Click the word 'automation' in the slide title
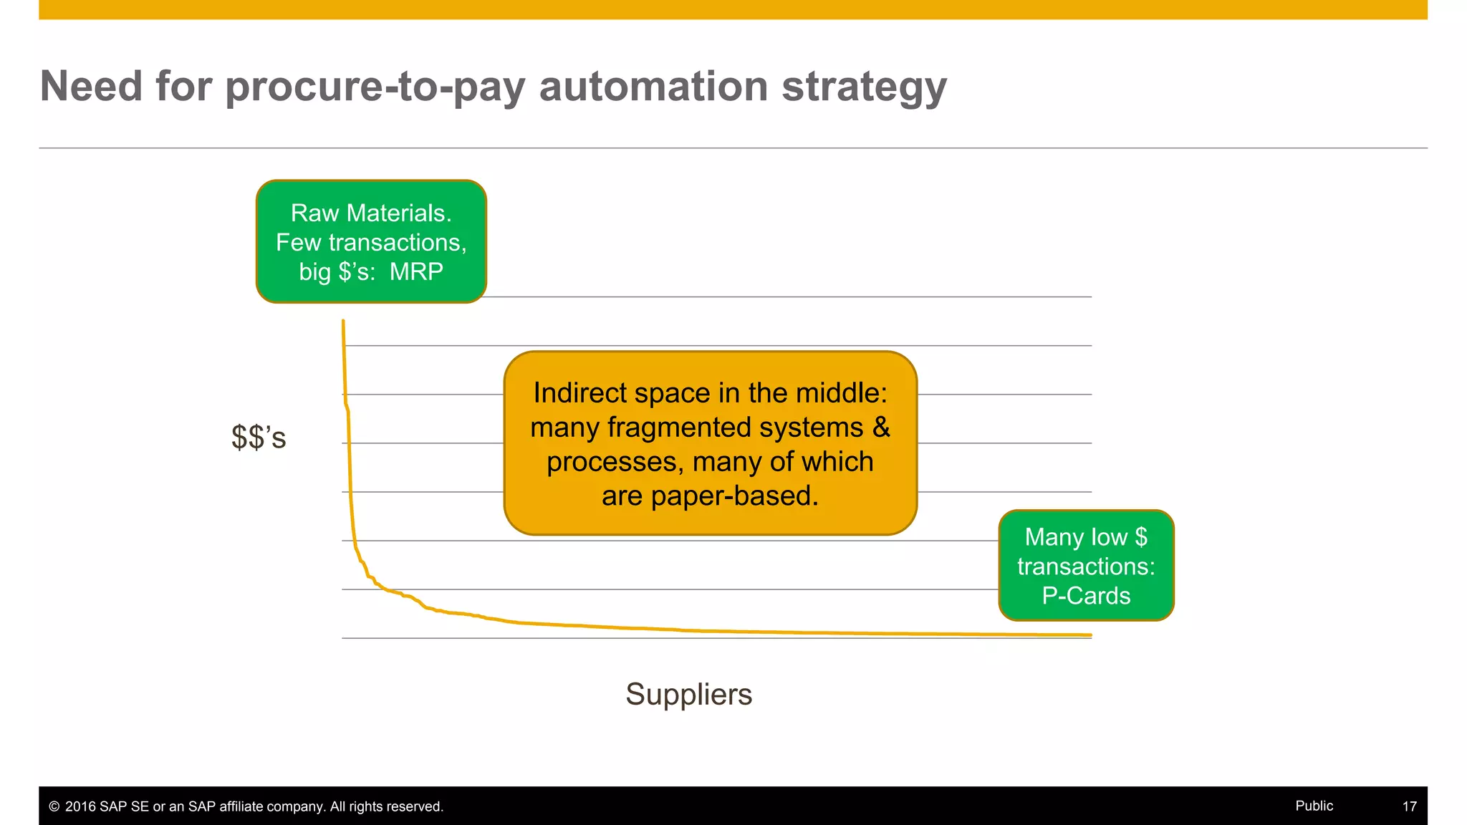[x=653, y=86]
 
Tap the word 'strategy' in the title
[x=864, y=87]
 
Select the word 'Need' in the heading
[x=91, y=86]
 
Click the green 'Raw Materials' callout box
[x=371, y=241]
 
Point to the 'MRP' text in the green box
[x=416, y=272]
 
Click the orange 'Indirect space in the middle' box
[x=710, y=443]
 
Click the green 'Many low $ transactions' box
[x=1086, y=565]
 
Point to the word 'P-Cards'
[x=1086, y=596]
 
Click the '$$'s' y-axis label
[x=259, y=438]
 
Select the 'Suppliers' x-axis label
[x=688, y=694]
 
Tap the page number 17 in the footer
[x=1409, y=806]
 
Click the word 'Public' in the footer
[x=1314, y=806]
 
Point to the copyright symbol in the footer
[x=54, y=806]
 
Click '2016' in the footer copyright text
[x=80, y=806]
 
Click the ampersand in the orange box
[x=881, y=428]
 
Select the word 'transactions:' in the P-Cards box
[x=1086, y=566]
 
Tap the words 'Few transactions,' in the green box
[x=371, y=243]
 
